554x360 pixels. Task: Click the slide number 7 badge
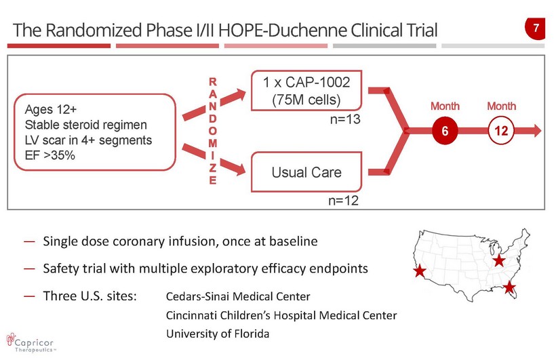click(536, 29)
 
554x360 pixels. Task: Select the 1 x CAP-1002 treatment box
click(306, 91)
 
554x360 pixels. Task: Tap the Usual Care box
click(306, 172)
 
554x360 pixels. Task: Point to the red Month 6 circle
click(445, 132)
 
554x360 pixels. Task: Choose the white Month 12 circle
click(500, 132)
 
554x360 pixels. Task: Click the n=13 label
click(343, 119)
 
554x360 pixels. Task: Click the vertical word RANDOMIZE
click(213, 131)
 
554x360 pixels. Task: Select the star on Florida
click(510, 289)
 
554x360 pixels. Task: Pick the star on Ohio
click(498, 260)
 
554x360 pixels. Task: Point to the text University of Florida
click(218, 334)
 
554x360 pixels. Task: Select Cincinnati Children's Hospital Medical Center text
click(281, 315)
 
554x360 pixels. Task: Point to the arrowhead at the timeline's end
click(537, 132)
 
